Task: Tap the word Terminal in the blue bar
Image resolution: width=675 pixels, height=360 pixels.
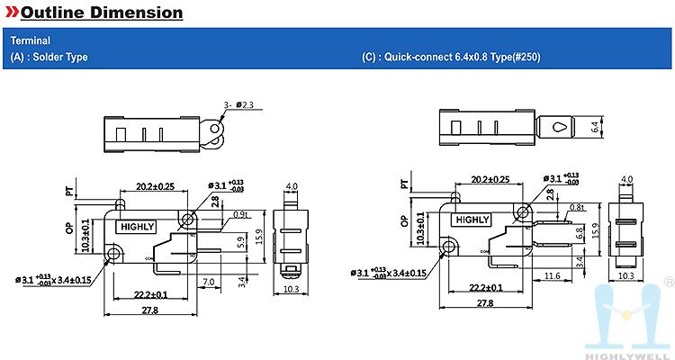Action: click(x=30, y=40)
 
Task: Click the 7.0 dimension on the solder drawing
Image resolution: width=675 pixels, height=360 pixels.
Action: click(x=207, y=283)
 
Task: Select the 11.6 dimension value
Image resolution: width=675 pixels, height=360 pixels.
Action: click(x=552, y=275)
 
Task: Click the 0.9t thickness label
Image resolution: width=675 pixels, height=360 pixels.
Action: click(x=240, y=214)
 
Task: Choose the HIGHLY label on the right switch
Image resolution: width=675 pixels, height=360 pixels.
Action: click(x=472, y=219)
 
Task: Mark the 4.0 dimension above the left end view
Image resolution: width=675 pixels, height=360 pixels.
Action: click(x=291, y=186)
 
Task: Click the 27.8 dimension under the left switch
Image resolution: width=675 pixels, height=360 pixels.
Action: click(x=149, y=310)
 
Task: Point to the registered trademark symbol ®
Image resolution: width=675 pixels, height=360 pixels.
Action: click(x=667, y=283)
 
